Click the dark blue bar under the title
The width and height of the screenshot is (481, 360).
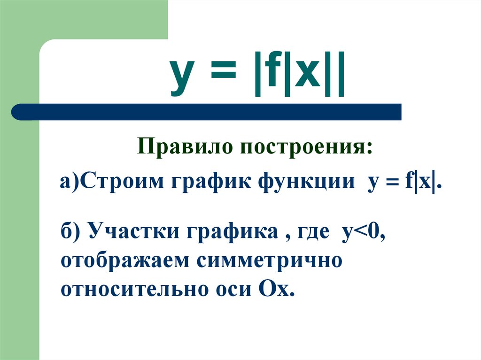[207, 112]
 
